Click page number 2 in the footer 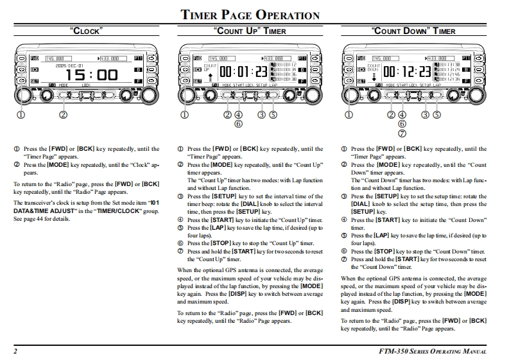[x=14, y=351]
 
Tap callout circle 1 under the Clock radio [x=21, y=115]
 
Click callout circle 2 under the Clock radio [x=63, y=115]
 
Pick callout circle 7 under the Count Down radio [x=402, y=133]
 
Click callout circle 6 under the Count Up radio [x=238, y=124]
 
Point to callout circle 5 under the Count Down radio [x=437, y=115]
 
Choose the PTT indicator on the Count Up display [x=300, y=58]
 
